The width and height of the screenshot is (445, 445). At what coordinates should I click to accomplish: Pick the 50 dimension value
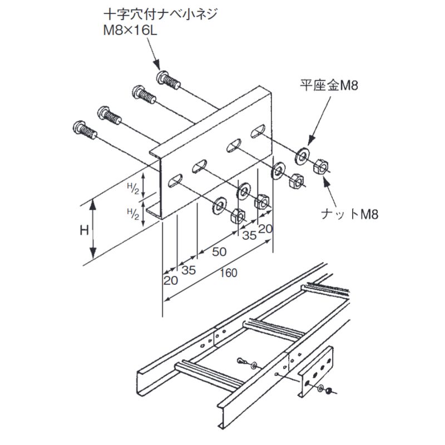click(x=219, y=251)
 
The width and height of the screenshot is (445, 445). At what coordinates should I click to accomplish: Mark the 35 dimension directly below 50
click(x=189, y=271)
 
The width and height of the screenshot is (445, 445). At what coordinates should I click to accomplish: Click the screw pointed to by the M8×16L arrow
click(x=169, y=80)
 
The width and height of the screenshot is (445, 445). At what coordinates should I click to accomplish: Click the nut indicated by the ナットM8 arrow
click(x=321, y=165)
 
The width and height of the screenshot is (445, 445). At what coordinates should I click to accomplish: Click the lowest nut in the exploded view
click(x=238, y=215)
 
